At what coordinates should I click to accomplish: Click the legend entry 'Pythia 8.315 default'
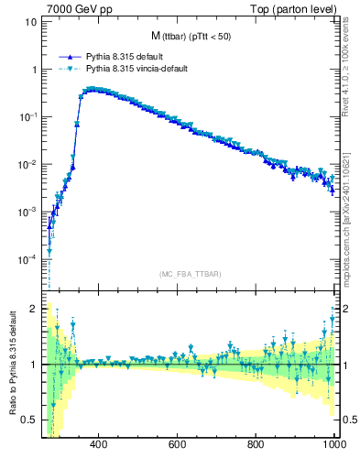pyautogui.click(x=123, y=55)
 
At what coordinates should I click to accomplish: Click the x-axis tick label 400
pyautogui.click(x=100, y=444)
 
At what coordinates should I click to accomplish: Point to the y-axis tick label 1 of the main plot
pyautogui.click(x=33, y=70)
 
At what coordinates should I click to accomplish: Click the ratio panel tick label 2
pyautogui.click(x=33, y=309)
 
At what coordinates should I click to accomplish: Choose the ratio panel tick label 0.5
pyautogui.click(x=29, y=420)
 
